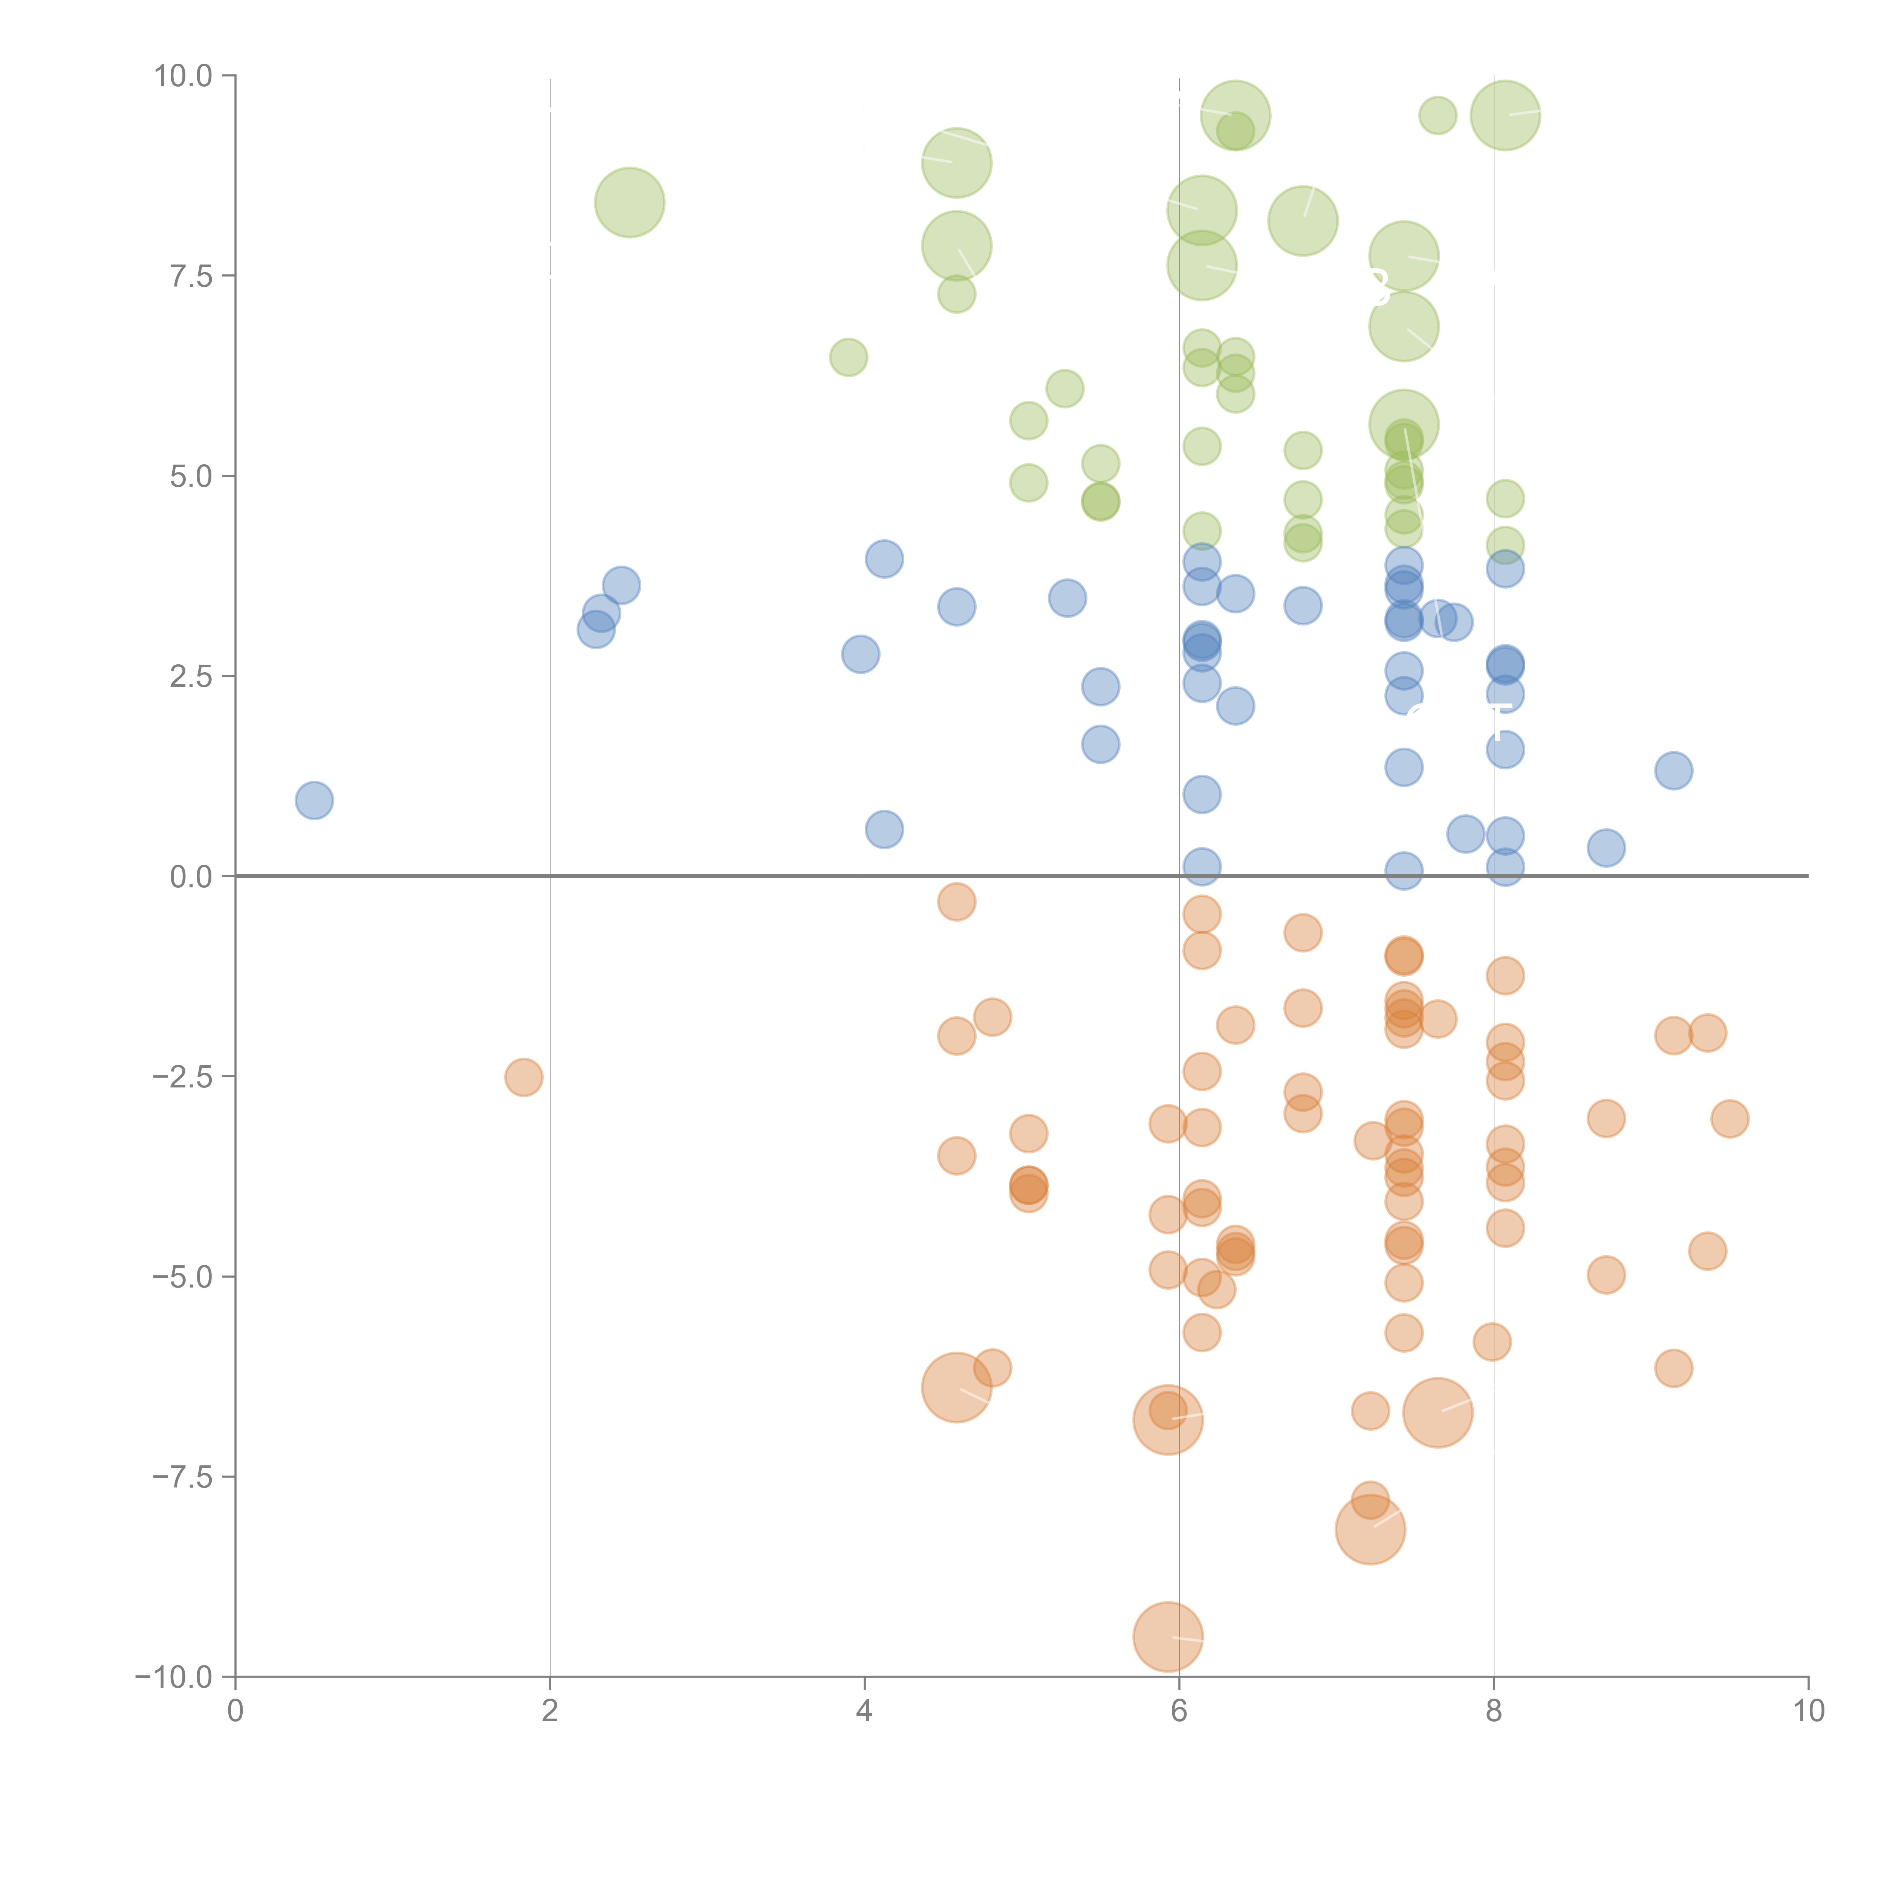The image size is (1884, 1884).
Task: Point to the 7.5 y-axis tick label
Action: pyautogui.click(x=190, y=276)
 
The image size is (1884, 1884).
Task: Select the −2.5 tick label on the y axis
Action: pyautogui.click(x=182, y=1077)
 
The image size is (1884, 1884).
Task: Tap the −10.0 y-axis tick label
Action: pyautogui.click(x=174, y=1677)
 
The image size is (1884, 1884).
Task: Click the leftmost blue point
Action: pyautogui.click(x=314, y=801)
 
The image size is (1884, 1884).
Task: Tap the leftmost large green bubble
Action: pyautogui.click(x=630, y=203)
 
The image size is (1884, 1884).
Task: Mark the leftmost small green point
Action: pyautogui.click(x=849, y=358)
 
